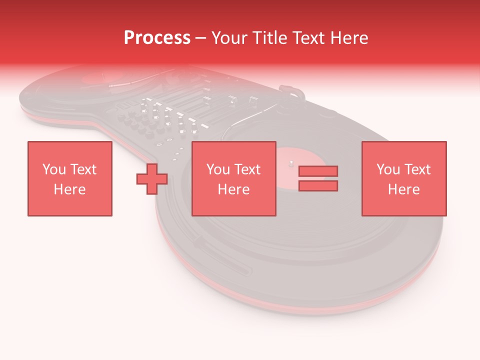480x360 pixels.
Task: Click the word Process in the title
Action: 157,38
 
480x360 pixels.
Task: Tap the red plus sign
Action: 152,179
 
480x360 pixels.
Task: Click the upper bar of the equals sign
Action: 318,171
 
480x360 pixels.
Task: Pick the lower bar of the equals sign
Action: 318,186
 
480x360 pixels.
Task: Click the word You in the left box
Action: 53,169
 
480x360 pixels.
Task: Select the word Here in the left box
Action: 69,189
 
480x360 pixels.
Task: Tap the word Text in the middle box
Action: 248,169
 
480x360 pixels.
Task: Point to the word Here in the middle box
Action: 234,189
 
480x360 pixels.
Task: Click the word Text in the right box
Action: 418,169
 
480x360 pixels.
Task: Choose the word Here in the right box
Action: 404,189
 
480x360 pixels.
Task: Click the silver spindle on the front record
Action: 290,162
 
